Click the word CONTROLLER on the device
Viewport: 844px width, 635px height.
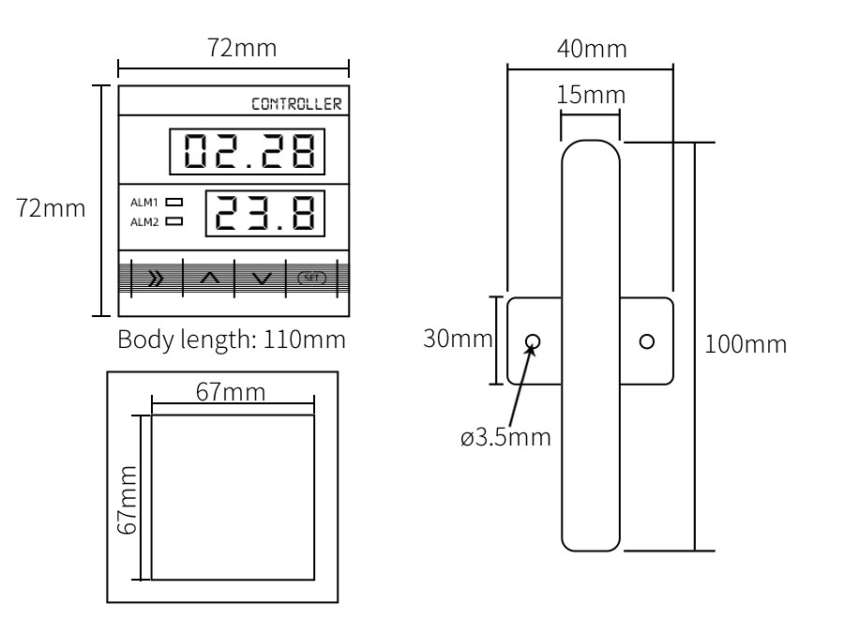pyautogui.click(x=296, y=104)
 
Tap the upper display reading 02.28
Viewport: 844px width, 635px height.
pyautogui.click(x=247, y=151)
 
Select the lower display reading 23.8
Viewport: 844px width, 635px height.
pyautogui.click(x=265, y=213)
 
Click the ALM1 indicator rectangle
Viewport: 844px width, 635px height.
pyautogui.click(x=173, y=202)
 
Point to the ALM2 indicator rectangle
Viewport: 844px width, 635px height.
pyautogui.click(x=173, y=221)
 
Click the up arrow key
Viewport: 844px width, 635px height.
pyautogui.click(x=209, y=278)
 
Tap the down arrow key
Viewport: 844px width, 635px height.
pyautogui.click(x=262, y=279)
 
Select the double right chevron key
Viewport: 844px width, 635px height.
pyautogui.click(x=156, y=278)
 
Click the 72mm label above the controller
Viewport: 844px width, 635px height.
pyautogui.click(x=242, y=48)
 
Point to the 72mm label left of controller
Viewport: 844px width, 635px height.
pyautogui.click(x=51, y=208)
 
